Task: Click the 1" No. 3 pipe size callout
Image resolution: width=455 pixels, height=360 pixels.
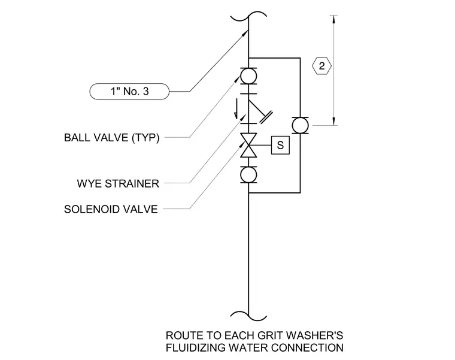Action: pos(129,92)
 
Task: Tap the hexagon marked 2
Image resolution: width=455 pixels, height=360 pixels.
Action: pos(321,66)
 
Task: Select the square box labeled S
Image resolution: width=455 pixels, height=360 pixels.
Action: pos(280,145)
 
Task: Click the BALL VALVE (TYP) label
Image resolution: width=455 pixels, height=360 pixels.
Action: pos(112,137)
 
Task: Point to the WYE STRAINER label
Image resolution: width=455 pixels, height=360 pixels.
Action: pos(118,183)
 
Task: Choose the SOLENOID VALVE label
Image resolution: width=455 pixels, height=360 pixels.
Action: pos(111,209)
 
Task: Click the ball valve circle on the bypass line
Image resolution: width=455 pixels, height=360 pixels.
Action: pos(300,125)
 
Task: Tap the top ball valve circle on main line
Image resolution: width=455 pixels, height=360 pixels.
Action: pos(248,76)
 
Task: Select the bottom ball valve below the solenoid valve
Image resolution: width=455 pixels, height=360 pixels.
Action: pos(248,175)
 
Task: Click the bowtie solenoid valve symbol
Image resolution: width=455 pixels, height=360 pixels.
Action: pos(248,145)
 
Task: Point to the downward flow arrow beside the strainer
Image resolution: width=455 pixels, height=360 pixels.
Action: pos(236,109)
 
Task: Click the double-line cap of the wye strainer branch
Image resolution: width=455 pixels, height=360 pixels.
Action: pos(266,117)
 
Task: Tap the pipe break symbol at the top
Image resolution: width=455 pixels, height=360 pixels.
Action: pos(248,16)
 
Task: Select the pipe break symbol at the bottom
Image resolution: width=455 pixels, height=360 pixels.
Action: pos(248,316)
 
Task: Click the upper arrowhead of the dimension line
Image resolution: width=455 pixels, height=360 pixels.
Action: pos(333,19)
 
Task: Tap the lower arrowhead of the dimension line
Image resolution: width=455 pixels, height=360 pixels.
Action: pos(333,122)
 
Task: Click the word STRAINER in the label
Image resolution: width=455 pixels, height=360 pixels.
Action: pos(132,183)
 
